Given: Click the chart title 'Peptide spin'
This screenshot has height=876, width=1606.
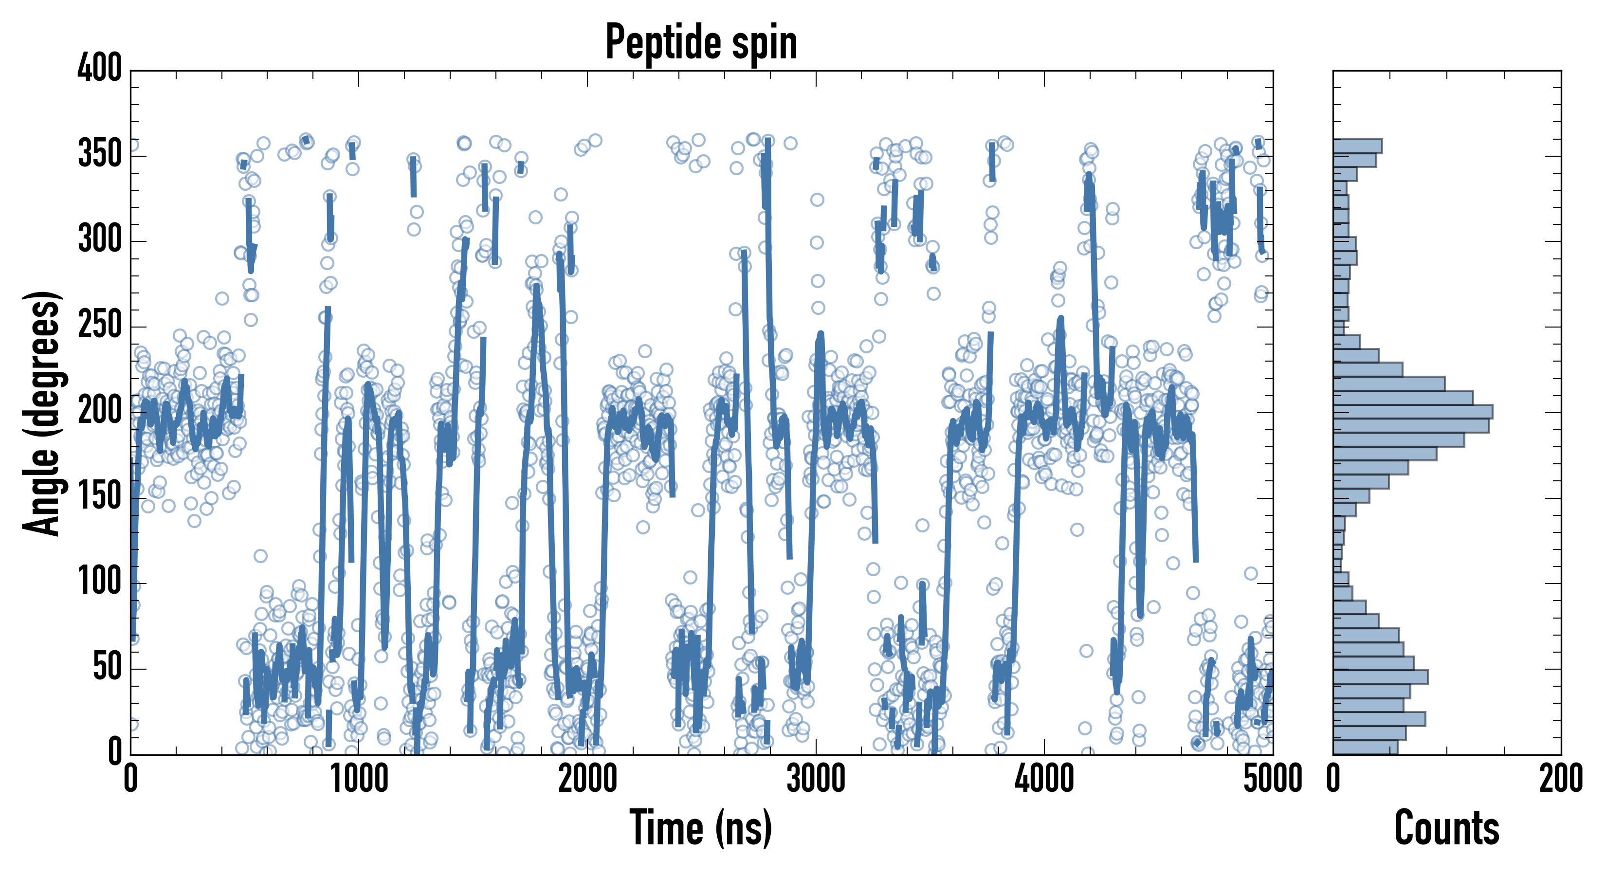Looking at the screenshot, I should coord(701,42).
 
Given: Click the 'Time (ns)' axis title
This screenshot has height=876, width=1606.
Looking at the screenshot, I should coord(701,828).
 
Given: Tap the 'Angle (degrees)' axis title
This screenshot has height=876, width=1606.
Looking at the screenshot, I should coord(42,413).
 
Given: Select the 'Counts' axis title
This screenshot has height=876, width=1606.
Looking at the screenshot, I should coord(1447,828).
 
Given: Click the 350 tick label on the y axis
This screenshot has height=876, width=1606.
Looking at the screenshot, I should coord(100,154).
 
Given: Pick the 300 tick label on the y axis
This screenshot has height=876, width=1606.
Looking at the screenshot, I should coord(100,240).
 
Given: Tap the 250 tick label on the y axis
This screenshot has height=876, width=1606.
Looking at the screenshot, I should coord(100,326).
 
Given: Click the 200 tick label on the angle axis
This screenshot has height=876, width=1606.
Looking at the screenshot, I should coord(100,412).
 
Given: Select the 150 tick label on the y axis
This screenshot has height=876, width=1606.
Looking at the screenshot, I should coord(100,497).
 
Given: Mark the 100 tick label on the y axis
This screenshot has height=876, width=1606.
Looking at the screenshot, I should coord(100,583).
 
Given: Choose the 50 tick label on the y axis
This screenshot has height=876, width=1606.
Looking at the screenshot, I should coord(107,668).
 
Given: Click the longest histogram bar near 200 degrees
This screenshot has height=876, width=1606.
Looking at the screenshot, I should coord(1413,412).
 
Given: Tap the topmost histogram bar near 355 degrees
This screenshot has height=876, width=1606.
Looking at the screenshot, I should coord(1358,146).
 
